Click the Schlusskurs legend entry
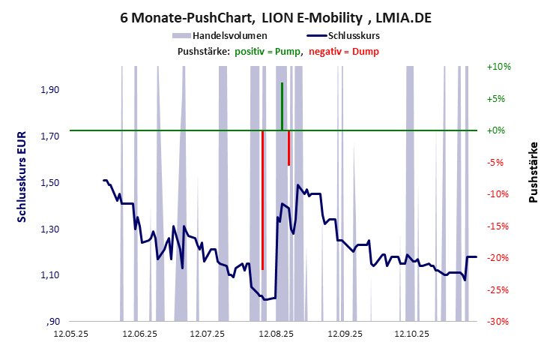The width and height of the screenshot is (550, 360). [349, 35]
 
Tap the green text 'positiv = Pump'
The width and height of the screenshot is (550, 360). [267, 51]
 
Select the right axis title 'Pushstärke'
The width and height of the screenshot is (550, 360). [534, 172]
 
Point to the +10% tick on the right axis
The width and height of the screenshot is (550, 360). [498, 67]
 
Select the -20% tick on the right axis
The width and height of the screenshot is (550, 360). [498, 258]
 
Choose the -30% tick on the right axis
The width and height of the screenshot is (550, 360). [498, 322]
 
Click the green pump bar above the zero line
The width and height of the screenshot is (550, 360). [282, 106]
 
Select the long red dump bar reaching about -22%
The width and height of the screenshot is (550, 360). [262, 199]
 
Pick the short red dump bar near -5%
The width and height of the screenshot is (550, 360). [288, 148]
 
